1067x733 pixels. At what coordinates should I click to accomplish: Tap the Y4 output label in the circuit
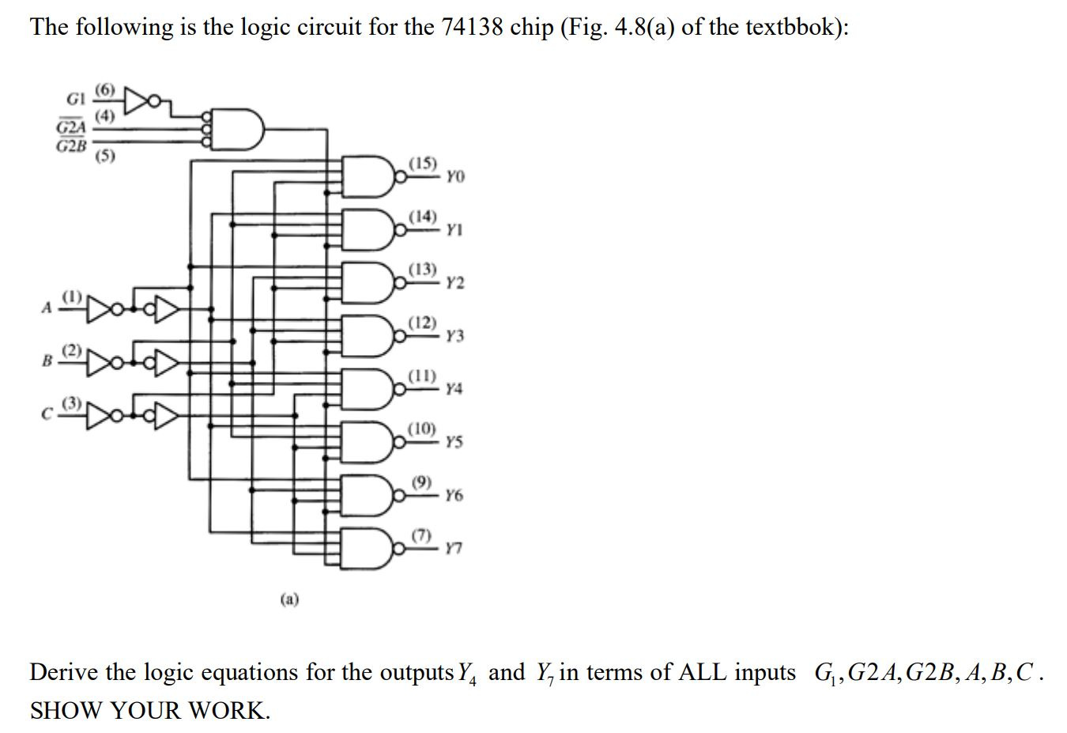click(454, 389)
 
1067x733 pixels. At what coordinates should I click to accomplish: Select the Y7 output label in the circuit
click(454, 548)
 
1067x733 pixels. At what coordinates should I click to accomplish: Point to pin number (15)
click(422, 164)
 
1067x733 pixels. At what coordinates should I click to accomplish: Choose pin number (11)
click(422, 375)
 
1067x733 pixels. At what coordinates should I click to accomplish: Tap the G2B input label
click(71, 145)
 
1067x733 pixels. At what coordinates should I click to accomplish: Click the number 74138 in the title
click(472, 28)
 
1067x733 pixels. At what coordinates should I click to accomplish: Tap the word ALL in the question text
click(757, 673)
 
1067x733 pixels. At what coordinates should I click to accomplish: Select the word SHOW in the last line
click(65, 710)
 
